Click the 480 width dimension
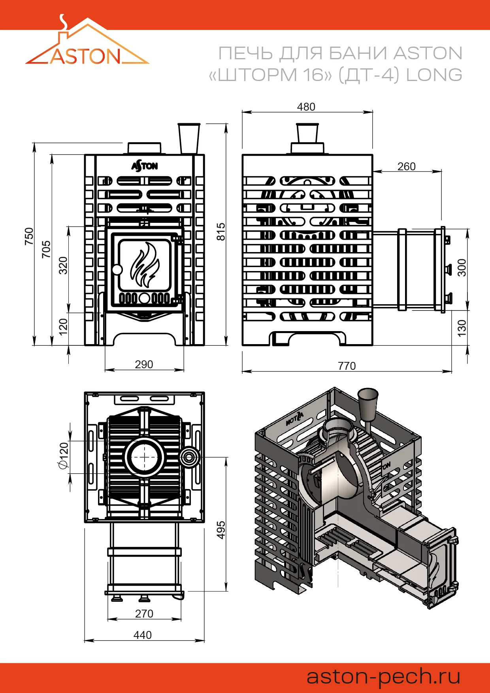click(x=306, y=107)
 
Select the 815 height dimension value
click(x=221, y=232)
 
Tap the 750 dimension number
click(x=29, y=236)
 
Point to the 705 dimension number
click(x=46, y=249)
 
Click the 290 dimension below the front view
click(x=144, y=364)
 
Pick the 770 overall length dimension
click(x=347, y=366)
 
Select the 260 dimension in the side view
click(x=407, y=166)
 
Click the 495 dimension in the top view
click(x=221, y=530)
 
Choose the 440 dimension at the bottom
click(x=143, y=635)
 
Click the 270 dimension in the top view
click(x=144, y=614)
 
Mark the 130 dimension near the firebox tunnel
click(x=462, y=328)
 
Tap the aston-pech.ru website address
click(x=383, y=676)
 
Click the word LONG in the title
click(x=434, y=75)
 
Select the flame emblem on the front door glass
click(x=145, y=264)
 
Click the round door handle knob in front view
click(x=117, y=270)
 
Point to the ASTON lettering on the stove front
click(x=145, y=166)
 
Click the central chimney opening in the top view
click(x=144, y=457)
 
